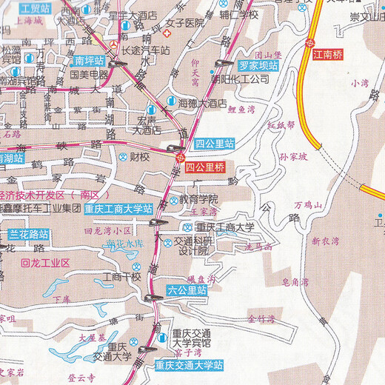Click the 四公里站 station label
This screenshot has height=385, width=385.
(214, 144)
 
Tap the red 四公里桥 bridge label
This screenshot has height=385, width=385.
(206, 167)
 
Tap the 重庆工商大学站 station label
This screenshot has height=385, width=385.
(118, 208)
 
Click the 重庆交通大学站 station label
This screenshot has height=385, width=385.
(190, 364)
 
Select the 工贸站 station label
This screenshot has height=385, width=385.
(35, 9)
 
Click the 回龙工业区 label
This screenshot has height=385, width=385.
(45, 263)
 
